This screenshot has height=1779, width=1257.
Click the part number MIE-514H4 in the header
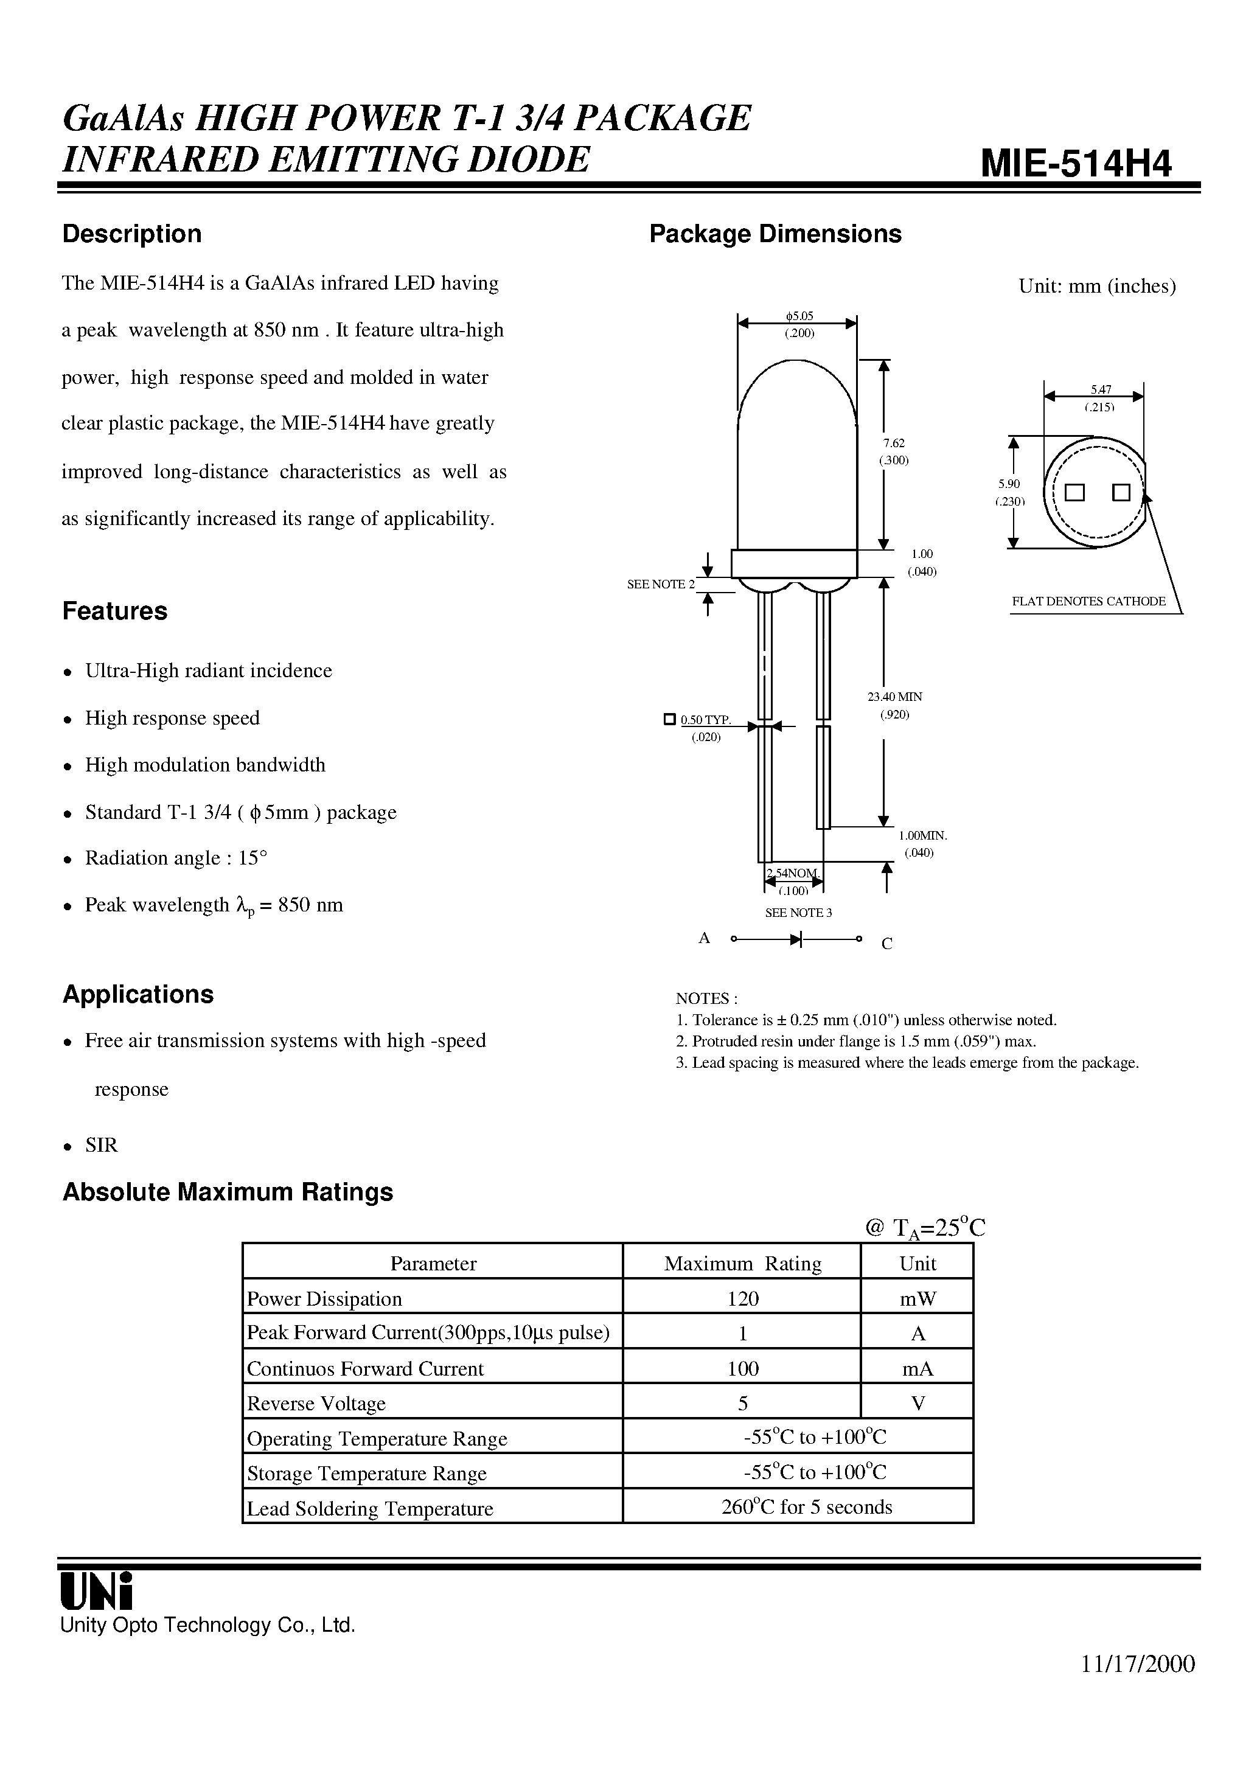pos(1076,164)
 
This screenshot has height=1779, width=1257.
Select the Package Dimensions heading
pos(775,234)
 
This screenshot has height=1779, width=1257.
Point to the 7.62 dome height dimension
pos(894,443)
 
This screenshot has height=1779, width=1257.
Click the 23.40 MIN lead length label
pos(894,697)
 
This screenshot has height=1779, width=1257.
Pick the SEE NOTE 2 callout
pos(660,584)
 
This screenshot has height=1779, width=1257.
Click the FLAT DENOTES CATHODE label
pos(1088,601)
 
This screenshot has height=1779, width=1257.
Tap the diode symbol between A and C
pos(796,940)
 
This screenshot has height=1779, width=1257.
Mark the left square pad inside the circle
pos(1074,493)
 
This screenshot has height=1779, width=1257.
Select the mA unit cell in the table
pos(918,1369)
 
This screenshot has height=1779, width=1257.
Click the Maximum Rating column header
pos(742,1264)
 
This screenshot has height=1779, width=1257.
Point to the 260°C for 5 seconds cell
pos(806,1507)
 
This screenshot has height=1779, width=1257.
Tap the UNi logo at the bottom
pos(97,1592)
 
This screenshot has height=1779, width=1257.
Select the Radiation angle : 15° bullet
pos(176,858)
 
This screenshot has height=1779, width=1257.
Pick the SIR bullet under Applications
pos(102,1144)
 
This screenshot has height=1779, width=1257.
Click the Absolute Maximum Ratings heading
pos(228,1192)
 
